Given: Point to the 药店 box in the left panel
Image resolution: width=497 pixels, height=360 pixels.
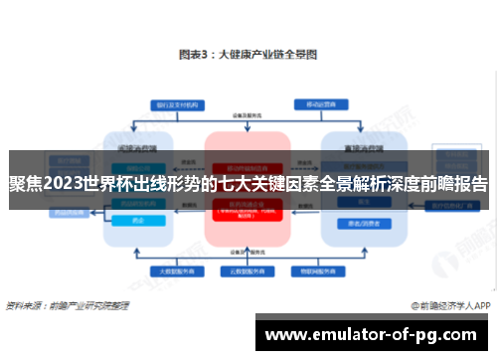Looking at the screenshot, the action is coord(138,222).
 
